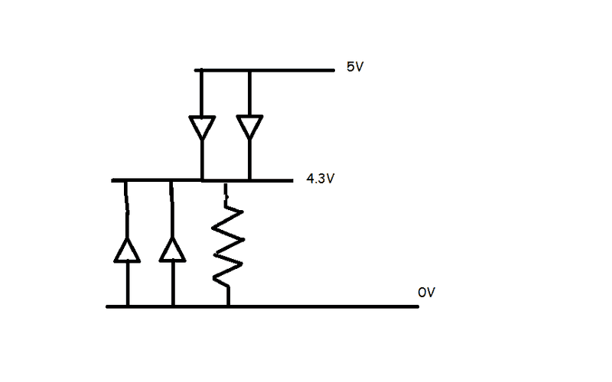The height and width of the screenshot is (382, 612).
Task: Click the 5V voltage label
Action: pyautogui.click(x=356, y=67)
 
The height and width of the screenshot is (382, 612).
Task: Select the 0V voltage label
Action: pyautogui.click(x=426, y=293)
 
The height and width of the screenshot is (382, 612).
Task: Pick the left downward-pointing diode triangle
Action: pyautogui.click(x=201, y=127)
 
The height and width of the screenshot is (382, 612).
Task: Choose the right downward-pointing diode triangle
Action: pyautogui.click(x=249, y=127)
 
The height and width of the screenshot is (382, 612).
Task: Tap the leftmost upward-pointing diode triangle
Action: pyautogui.click(x=127, y=250)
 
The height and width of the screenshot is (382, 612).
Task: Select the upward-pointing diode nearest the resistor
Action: pyautogui.click(x=173, y=250)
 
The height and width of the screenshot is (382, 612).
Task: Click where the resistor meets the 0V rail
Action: pyautogui.click(x=229, y=306)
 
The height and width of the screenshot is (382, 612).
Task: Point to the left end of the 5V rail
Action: pyautogui.click(x=197, y=70)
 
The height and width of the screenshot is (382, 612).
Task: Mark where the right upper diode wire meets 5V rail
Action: pyautogui.click(x=249, y=70)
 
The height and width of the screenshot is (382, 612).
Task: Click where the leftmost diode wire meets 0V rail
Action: pyautogui.click(x=127, y=306)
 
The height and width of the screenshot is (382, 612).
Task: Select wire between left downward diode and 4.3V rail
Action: pyautogui.click(x=201, y=160)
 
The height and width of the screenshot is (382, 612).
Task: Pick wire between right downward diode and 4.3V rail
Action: pyautogui.click(x=249, y=160)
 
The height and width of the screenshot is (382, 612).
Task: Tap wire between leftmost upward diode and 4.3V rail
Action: pyautogui.click(x=125, y=210)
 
